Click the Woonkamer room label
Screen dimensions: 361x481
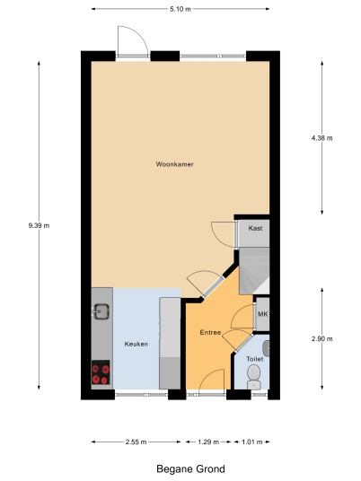(175, 164)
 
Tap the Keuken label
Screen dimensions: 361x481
(136, 345)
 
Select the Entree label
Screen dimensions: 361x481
(210, 333)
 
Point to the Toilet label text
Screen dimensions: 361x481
(254, 359)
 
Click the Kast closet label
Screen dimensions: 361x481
(255, 228)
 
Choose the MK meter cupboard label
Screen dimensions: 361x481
(263, 314)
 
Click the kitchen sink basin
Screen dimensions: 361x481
(101, 311)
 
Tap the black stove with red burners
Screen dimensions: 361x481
(101, 372)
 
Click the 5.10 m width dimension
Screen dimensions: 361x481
(180, 9)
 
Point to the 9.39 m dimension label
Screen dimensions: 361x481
(39, 226)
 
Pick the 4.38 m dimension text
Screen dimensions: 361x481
(321, 138)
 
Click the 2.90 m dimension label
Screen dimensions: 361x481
(321, 339)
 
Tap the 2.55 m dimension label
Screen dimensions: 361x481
(136, 442)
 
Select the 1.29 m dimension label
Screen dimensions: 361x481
(208, 442)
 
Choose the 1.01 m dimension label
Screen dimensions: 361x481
(252, 442)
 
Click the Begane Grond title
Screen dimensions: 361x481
(190, 469)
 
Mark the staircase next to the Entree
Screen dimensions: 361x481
(254, 271)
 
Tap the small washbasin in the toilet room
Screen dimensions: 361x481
(267, 348)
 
